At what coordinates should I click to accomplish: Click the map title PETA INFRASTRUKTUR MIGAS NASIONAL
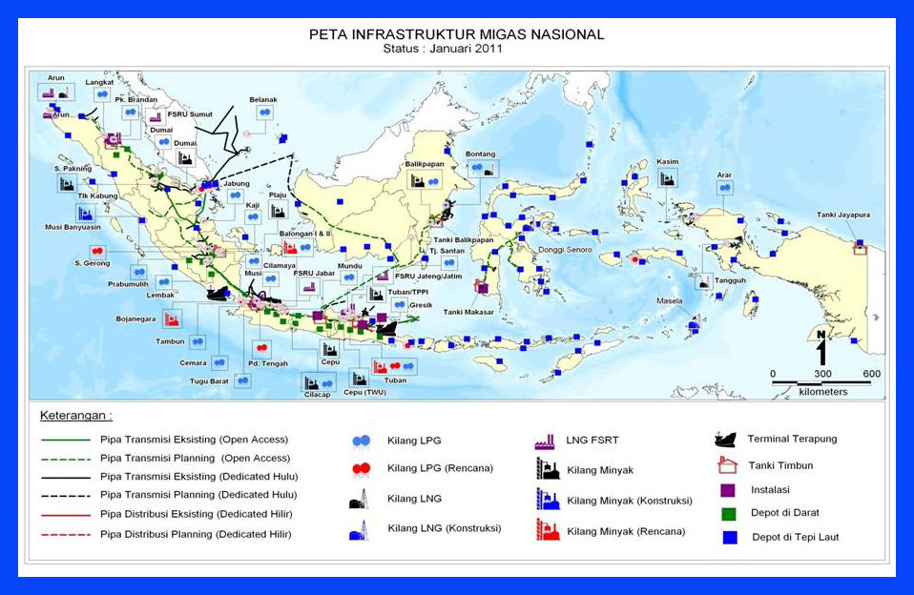457,34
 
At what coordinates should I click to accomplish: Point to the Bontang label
480,154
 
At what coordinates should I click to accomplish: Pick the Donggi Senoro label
565,250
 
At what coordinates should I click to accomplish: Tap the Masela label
669,301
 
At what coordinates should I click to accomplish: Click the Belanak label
263,99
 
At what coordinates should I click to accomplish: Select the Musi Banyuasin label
73,227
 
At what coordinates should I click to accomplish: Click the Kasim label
668,162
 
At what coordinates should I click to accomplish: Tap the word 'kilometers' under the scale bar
822,392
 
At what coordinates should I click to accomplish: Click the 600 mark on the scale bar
870,373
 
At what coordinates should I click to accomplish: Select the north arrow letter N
821,334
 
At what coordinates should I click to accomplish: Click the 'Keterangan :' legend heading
76,416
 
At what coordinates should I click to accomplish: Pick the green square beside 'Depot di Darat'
728,513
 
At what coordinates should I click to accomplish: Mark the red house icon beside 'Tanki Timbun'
728,465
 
